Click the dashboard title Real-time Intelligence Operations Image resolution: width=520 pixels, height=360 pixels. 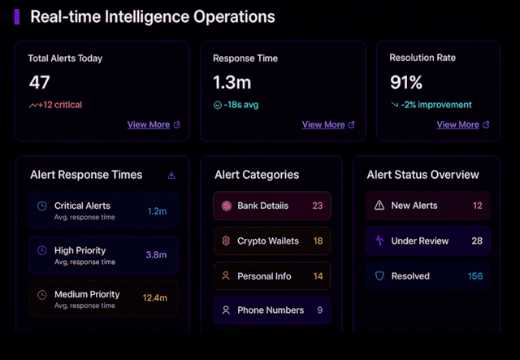(x=152, y=17)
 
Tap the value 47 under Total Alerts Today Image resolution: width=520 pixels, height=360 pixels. (x=40, y=82)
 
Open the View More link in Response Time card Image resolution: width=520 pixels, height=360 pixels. (x=323, y=124)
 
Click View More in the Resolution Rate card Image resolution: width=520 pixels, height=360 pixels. (x=457, y=124)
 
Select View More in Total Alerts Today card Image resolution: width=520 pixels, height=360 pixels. (x=149, y=124)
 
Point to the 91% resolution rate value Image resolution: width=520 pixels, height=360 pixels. (x=406, y=82)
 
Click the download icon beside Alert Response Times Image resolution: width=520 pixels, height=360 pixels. (x=171, y=175)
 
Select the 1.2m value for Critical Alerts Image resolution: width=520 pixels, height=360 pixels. (x=157, y=211)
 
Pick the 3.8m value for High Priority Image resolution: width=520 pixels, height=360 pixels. (x=156, y=255)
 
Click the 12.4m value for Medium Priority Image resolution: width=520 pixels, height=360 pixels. (x=154, y=299)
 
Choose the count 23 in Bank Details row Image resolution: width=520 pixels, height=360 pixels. (x=317, y=206)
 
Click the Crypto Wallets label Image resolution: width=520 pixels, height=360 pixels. (x=268, y=241)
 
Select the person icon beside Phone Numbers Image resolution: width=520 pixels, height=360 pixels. (x=227, y=310)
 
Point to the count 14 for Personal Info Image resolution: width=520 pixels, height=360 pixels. (x=318, y=276)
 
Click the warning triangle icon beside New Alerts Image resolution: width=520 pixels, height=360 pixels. (x=379, y=206)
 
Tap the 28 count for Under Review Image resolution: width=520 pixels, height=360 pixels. (x=477, y=241)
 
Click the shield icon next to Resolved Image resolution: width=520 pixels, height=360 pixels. (x=379, y=276)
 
